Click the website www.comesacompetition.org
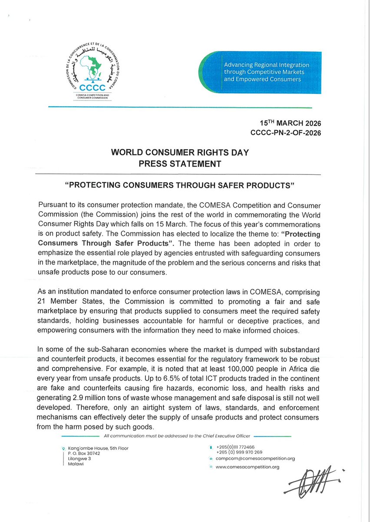tap(247, 467)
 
